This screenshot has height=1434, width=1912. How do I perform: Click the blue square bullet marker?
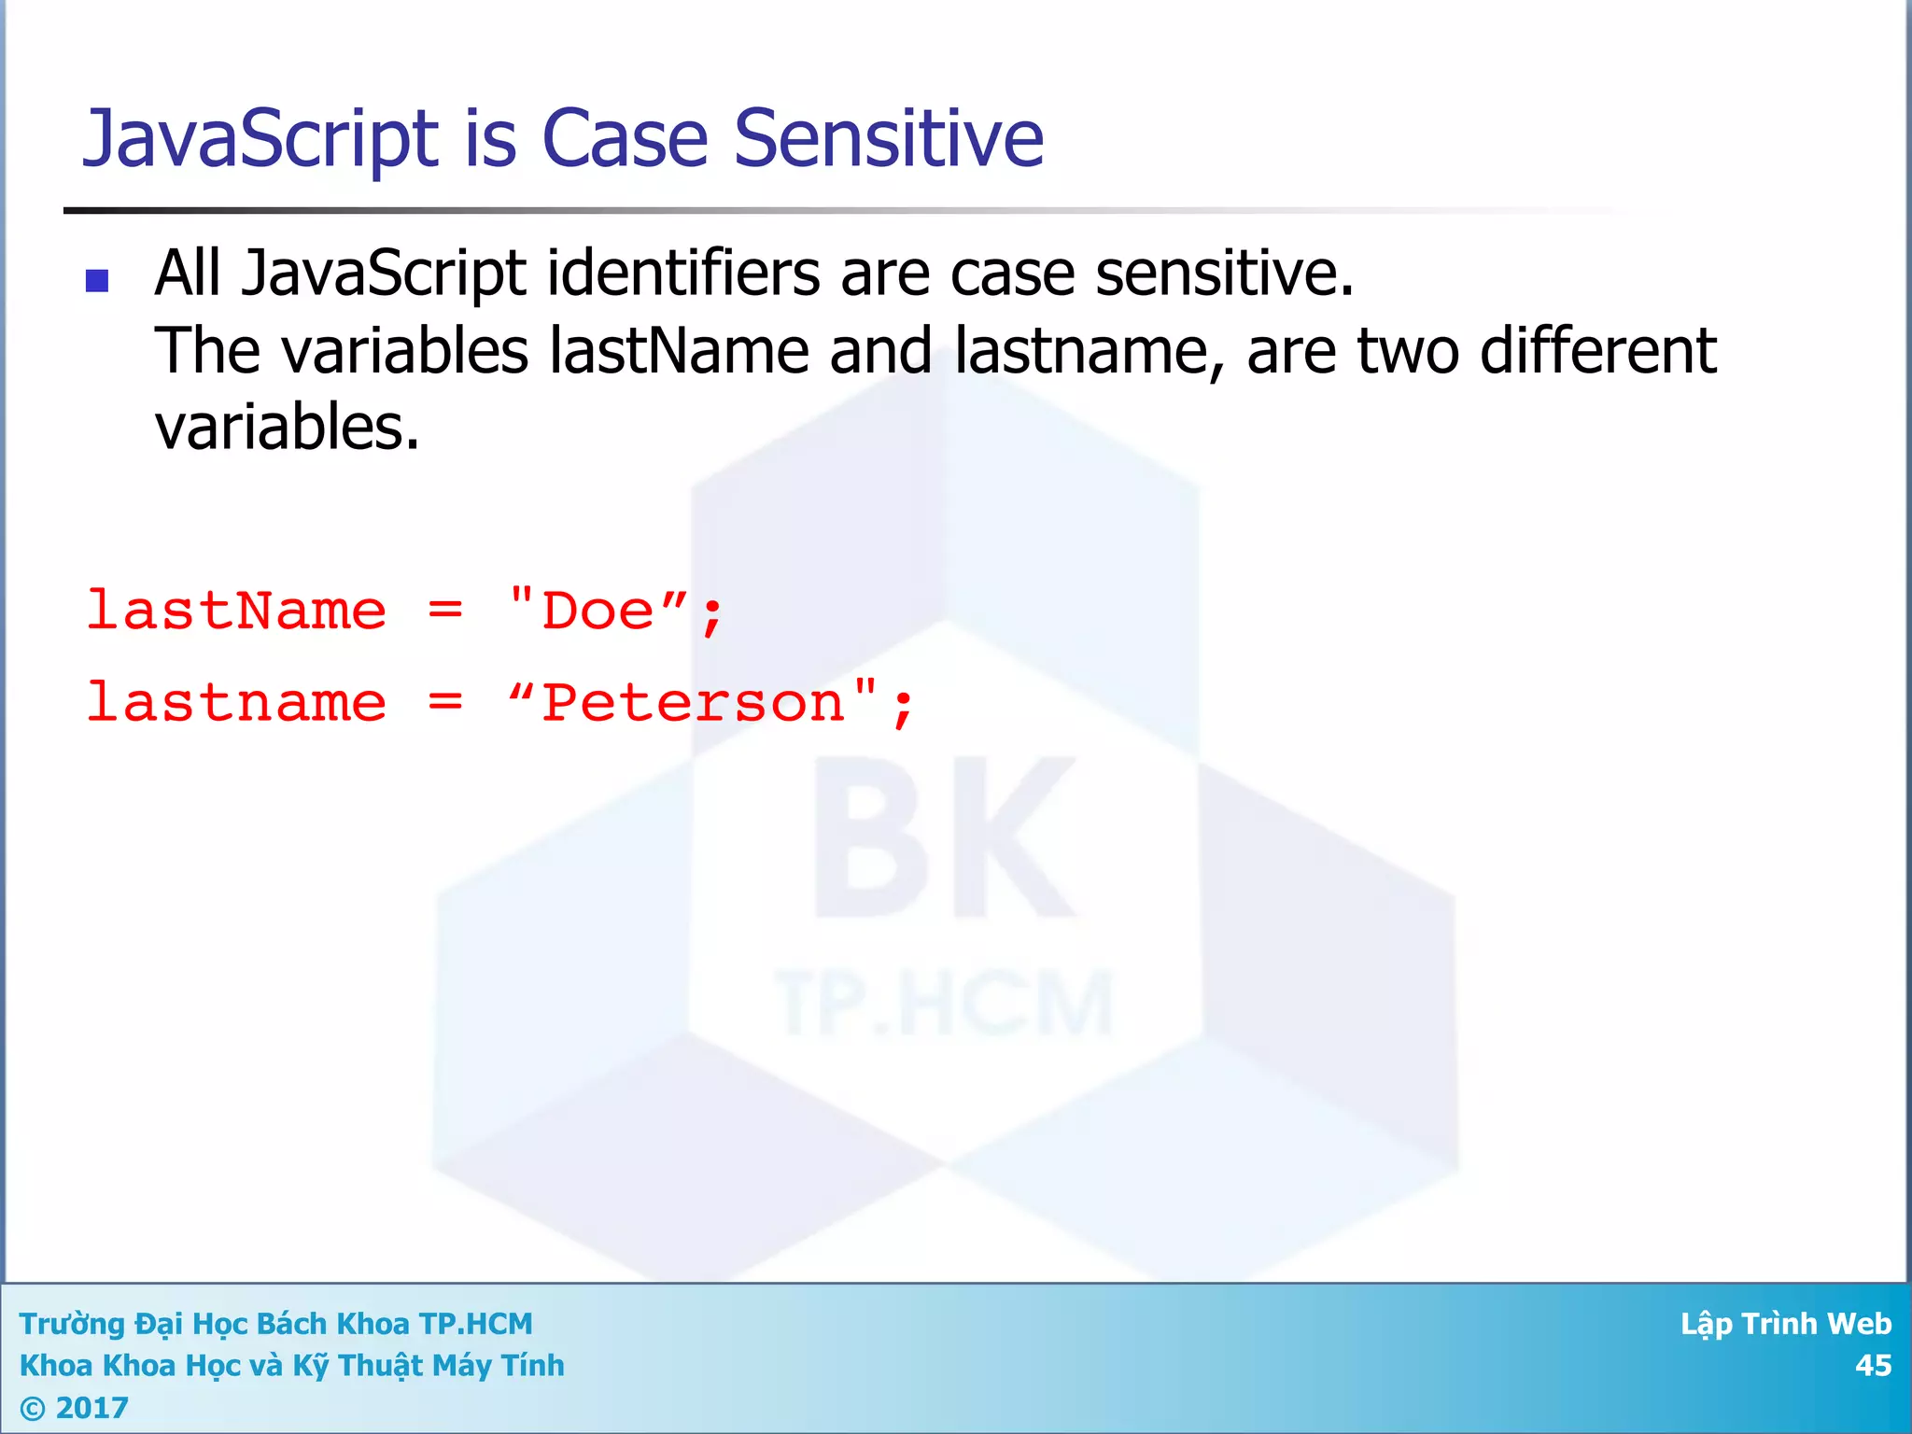[x=97, y=280]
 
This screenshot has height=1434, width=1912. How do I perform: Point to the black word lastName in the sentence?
[x=679, y=351]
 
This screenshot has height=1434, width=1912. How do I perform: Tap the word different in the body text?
[x=1597, y=351]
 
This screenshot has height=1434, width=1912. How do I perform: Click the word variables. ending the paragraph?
[x=287, y=428]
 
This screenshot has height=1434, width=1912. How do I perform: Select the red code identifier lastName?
[x=236, y=611]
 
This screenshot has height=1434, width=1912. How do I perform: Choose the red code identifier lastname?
[x=236, y=702]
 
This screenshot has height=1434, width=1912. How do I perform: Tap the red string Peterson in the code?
[x=692, y=702]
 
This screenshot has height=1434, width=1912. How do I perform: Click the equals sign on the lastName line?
[x=445, y=611]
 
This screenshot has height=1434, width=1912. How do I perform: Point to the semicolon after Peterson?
[x=902, y=707]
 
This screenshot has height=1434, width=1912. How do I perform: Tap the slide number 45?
[x=1872, y=1365]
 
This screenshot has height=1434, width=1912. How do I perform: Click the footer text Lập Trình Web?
[x=1785, y=1323]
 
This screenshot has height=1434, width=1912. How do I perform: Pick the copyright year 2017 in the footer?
[x=91, y=1407]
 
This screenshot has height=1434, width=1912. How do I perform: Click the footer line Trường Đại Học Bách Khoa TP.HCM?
[x=275, y=1323]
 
